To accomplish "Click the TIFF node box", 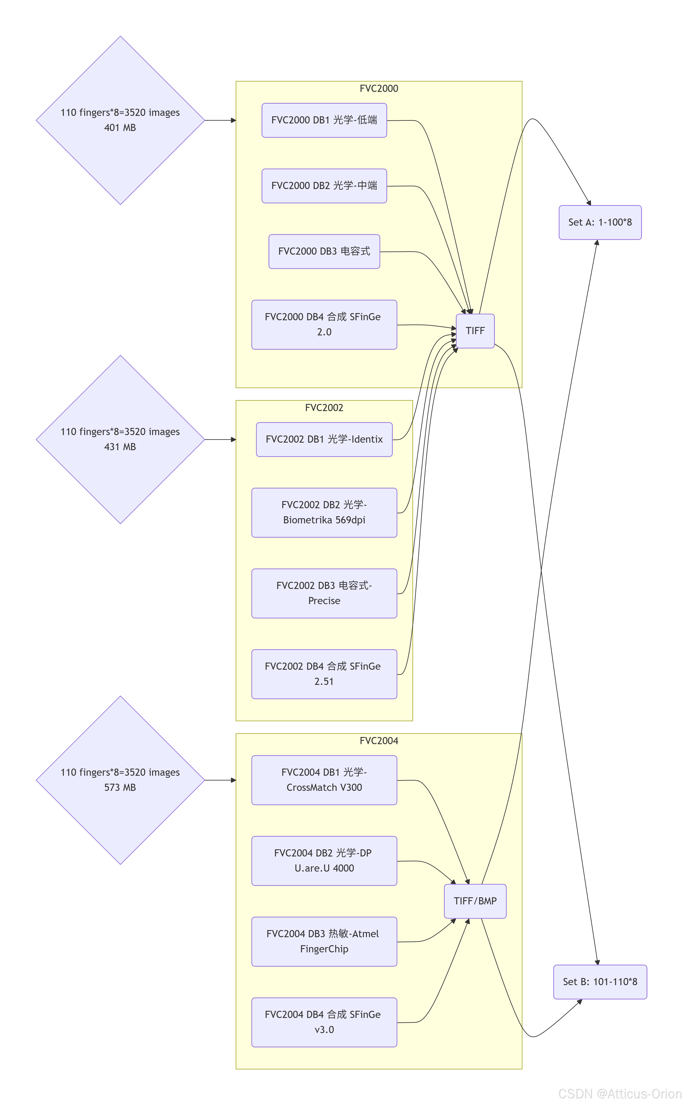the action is click(475, 331).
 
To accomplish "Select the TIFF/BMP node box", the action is click(475, 901).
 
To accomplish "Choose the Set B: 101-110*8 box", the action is click(600, 982).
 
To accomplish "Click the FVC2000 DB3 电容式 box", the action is click(324, 251).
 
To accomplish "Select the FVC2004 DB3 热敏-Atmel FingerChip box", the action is click(324, 942).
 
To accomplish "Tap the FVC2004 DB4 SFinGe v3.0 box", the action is click(324, 1022).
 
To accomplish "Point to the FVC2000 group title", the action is click(379, 89).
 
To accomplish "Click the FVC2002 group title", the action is click(324, 408).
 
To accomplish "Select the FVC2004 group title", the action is click(379, 741).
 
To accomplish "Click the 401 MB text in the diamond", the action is click(120, 128).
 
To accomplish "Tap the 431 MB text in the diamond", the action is click(120, 447).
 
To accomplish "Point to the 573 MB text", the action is click(120, 788).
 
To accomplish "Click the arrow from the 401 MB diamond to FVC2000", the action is click(221, 120).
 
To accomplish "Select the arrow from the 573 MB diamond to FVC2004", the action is click(221, 780).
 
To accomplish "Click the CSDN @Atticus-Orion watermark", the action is click(620, 1094).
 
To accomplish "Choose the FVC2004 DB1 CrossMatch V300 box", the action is click(324, 780).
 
